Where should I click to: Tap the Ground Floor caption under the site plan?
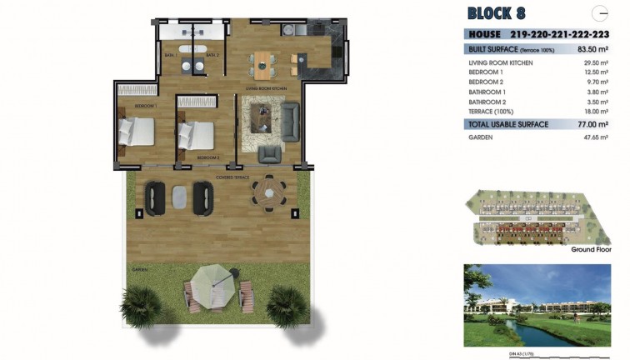[592, 249]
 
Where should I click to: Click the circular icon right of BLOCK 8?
[599, 12]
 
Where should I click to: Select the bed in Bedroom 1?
[136, 130]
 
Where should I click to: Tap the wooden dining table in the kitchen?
[265, 62]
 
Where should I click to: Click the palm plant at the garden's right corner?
[287, 306]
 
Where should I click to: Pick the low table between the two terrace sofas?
[180, 196]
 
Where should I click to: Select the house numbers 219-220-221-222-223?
[567, 35]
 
